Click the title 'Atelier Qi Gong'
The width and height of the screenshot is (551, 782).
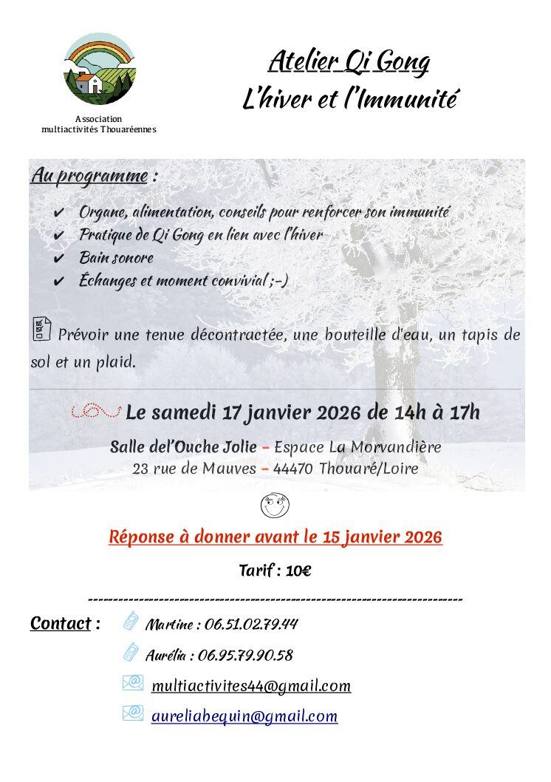coord(349,61)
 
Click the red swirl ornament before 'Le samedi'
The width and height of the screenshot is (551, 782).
coord(96,411)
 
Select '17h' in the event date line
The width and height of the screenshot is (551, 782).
coord(464,412)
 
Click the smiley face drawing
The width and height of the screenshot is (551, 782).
coord(275,506)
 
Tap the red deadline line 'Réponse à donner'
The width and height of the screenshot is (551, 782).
coord(275,537)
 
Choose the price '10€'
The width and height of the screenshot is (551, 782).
coord(295,571)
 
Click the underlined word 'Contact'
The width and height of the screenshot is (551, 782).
coord(61,624)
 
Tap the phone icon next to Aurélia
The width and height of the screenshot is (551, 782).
coord(131,652)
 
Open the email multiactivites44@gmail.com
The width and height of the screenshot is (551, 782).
coord(251,687)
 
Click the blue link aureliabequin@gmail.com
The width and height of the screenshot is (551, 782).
coord(244,716)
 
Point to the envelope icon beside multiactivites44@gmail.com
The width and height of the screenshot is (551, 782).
coord(132,684)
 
